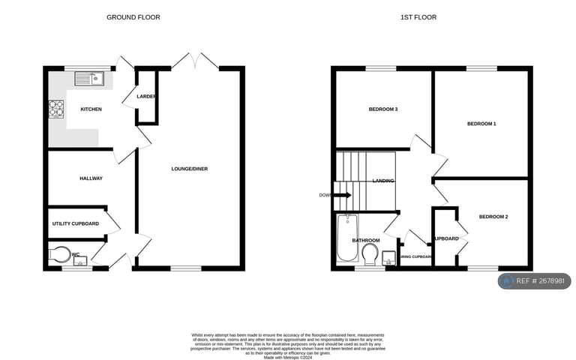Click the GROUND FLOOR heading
(x=133, y=17)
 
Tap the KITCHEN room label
(x=91, y=109)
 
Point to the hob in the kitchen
(x=57, y=109)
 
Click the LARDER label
(x=145, y=97)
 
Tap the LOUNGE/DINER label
(x=189, y=169)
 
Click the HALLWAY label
(x=91, y=178)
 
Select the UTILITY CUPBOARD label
(x=76, y=223)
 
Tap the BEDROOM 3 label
(x=382, y=109)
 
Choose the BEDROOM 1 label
(x=481, y=123)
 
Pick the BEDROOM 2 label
(x=493, y=217)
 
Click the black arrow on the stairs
(x=342, y=195)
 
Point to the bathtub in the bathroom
(x=346, y=238)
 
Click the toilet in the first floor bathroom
(x=368, y=257)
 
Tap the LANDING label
(x=383, y=181)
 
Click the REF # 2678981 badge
(x=535, y=281)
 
